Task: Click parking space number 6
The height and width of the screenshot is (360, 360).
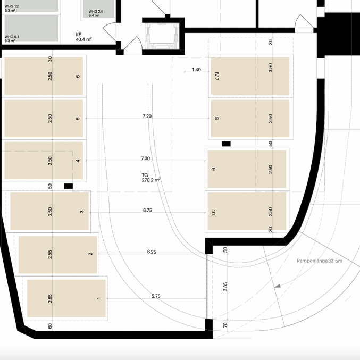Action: pyautogui.click(x=44, y=76)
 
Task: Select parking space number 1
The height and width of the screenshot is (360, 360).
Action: pyautogui.click(x=66, y=298)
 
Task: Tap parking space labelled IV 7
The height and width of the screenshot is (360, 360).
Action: pyautogui.click(x=250, y=76)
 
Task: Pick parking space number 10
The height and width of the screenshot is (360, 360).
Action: pyautogui.click(x=247, y=211)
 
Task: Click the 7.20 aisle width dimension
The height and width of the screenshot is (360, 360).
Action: pyautogui.click(x=147, y=116)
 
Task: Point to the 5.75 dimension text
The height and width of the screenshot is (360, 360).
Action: pyautogui.click(x=156, y=296)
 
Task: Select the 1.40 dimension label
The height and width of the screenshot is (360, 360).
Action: pyautogui.click(x=197, y=70)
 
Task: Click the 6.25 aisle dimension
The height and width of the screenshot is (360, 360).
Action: pyautogui.click(x=152, y=252)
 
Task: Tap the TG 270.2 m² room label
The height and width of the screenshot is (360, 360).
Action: pyautogui.click(x=151, y=178)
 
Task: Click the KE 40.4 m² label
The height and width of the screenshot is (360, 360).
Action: pyautogui.click(x=83, y=37)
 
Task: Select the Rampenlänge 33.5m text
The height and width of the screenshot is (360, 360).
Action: pyautogui.click(x=320, y=261)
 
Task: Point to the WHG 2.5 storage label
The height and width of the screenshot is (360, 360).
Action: pyautogui.click(x=96, y=13)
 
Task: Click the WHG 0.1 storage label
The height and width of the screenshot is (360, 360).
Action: pyautogui.click(x=12, y=39)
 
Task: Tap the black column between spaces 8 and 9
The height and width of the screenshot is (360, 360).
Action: pyautogui.click(x=226, y=144)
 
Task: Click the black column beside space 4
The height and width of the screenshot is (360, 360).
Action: pyautogui.click(x=69, y=186)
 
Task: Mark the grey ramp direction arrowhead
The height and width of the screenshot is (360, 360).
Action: pyautogui.click(x=278, y=286)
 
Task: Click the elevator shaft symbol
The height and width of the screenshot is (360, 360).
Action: pyautogui.click(x=163, y=36)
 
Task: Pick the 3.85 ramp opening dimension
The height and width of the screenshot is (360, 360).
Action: pyautogui.click(x=225, y=287)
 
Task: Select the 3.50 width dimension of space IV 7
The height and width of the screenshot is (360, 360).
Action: pyautogui.click(x=271, y=68)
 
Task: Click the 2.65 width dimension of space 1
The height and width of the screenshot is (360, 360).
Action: pyautogui.click(x=50, y=299)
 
